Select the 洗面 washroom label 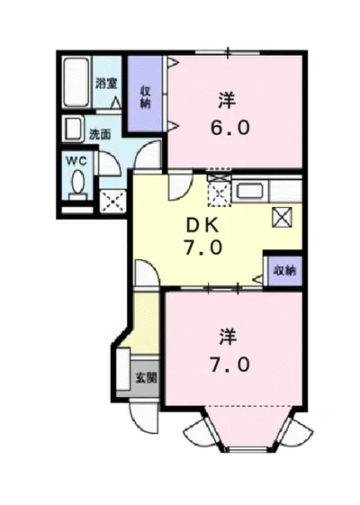[99, 134]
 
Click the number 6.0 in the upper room [230, 127]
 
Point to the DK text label [202, 225]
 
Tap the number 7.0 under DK [202, 248]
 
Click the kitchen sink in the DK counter [248, 191]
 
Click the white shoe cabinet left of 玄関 [121, 371]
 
